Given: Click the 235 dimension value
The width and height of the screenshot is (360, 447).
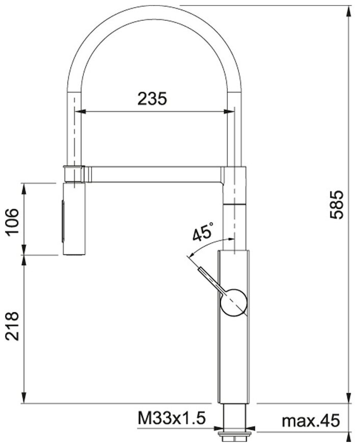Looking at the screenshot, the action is (152, 99).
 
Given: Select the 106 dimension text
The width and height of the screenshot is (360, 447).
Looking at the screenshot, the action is (12, 221).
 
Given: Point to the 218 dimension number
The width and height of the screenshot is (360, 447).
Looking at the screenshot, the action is (12, 326).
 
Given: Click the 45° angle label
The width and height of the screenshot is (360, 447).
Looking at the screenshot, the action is (203, 232).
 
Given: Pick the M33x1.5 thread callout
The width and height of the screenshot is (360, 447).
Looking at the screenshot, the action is (172, 419).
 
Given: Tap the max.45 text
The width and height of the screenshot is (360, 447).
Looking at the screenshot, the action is (311, 421).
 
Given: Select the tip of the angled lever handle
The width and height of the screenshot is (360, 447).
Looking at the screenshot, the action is (200, 269).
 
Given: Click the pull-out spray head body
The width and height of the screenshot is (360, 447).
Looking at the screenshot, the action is (74, 219).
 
